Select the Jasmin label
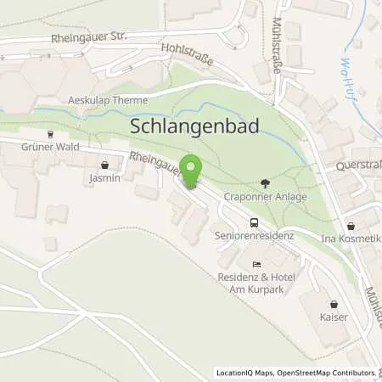104,179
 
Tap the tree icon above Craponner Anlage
265,182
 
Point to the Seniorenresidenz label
255,235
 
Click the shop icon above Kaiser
333,304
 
